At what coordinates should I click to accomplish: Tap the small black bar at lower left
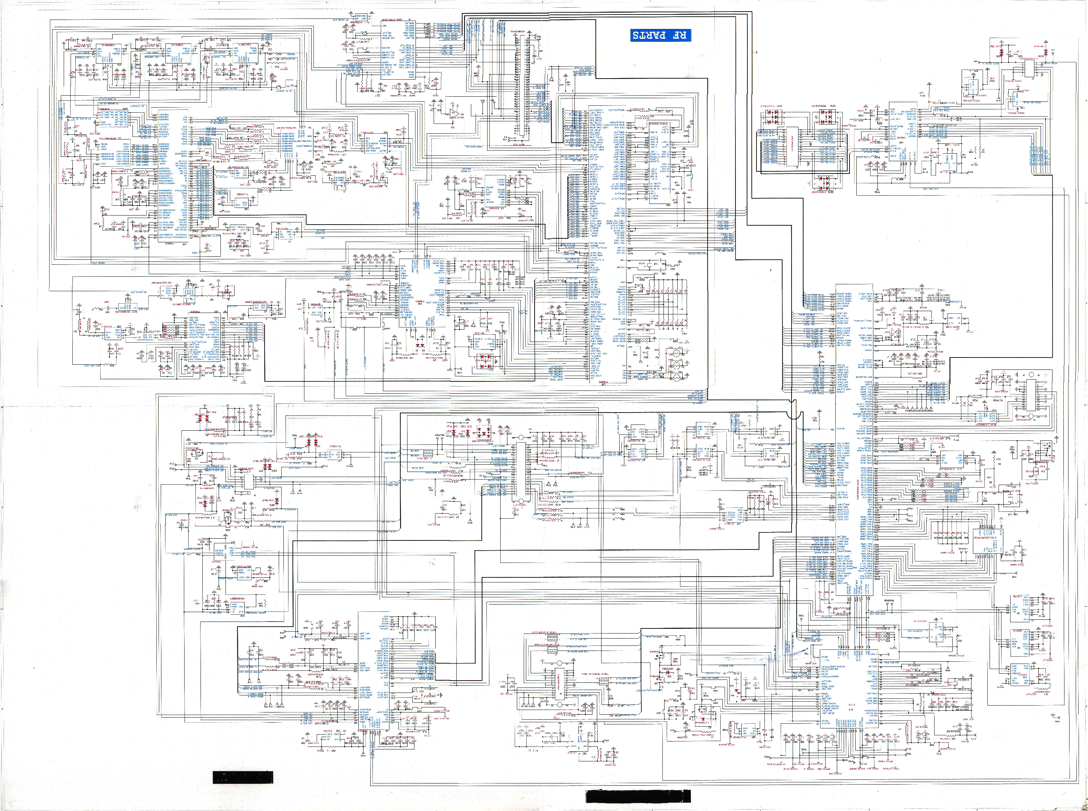[243, 777]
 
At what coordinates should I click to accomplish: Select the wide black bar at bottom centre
[638, 796]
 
